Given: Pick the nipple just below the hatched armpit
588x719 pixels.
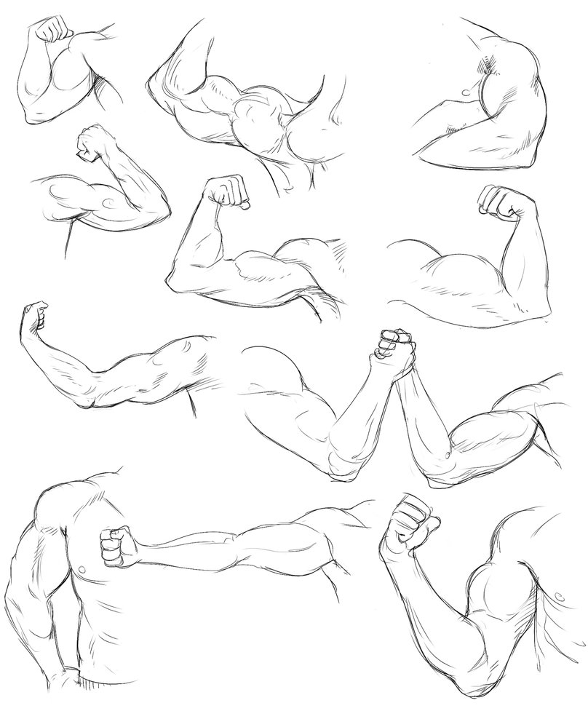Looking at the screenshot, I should point(465,91).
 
